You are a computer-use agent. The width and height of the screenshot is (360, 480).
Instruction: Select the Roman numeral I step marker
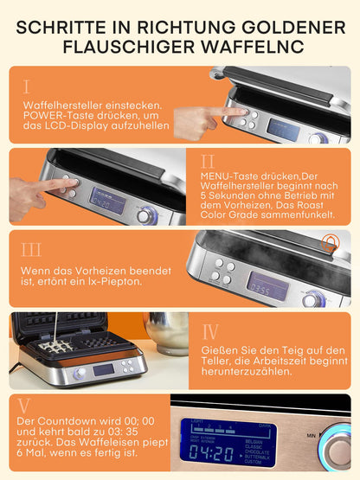click(26, 86)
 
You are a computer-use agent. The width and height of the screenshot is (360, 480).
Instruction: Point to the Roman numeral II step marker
click(208, 162)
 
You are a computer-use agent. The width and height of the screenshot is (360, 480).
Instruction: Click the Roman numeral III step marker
click(30, 250)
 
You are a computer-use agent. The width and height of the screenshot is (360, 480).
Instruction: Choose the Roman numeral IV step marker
click(210, 332)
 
